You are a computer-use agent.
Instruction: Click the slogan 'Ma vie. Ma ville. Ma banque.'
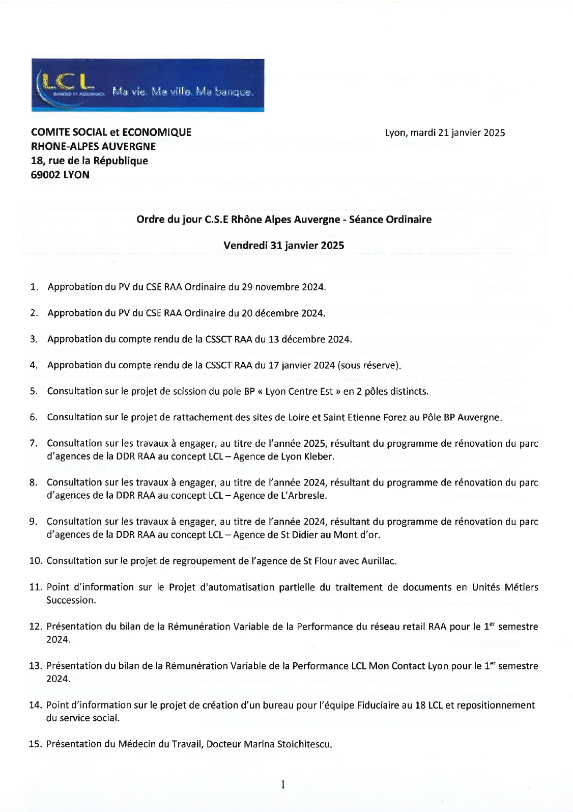183,92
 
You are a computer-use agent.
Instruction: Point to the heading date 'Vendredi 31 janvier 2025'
283,245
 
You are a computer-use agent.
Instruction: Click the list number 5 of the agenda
34,391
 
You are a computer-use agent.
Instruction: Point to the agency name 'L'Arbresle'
303,496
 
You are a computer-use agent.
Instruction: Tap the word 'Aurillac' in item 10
378,561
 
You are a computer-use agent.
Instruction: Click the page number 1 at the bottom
283,784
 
